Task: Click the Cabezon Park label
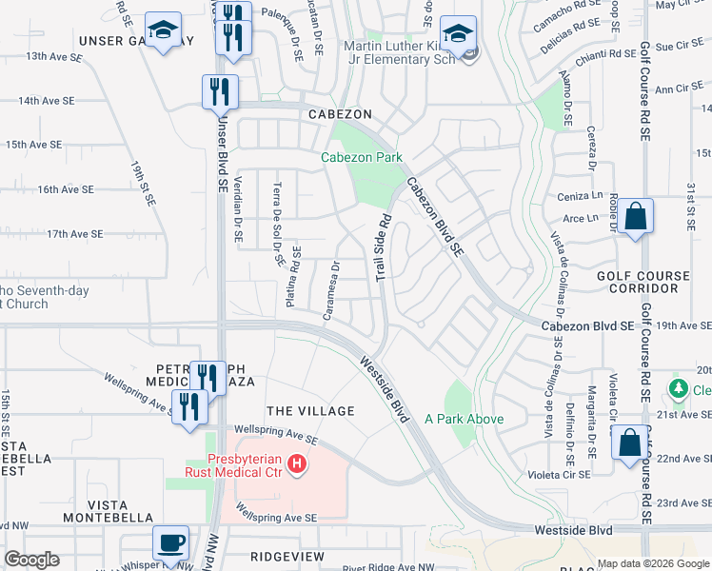[x=361, y=158]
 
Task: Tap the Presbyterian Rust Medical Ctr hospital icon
[x=297, y=464]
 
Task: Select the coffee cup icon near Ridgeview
[x=170, y=542]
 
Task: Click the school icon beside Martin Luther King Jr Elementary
[x=459, y=33]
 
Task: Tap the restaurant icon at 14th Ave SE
[x=220, y=91]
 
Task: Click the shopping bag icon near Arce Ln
[x=636, y=216]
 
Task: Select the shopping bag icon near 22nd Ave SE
[x=629, y=443]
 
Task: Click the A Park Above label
[x=464, y=419]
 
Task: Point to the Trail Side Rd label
[x=383, y=246]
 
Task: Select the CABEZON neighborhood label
[x=339, y=113]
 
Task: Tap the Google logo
[x=31, y=560]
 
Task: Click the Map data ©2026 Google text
[x=652, y=563]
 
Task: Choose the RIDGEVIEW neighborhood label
[x=282, y=555]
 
